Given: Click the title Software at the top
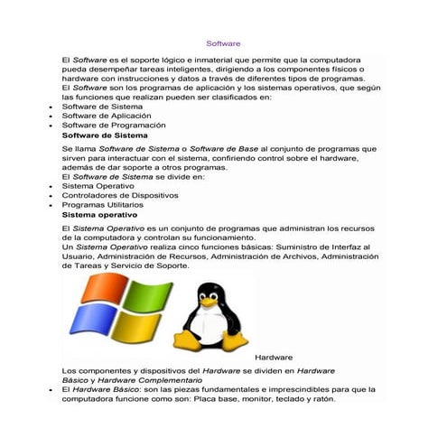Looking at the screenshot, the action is [x=223, y=42].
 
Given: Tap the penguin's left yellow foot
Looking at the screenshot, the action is [x=189, y=344].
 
